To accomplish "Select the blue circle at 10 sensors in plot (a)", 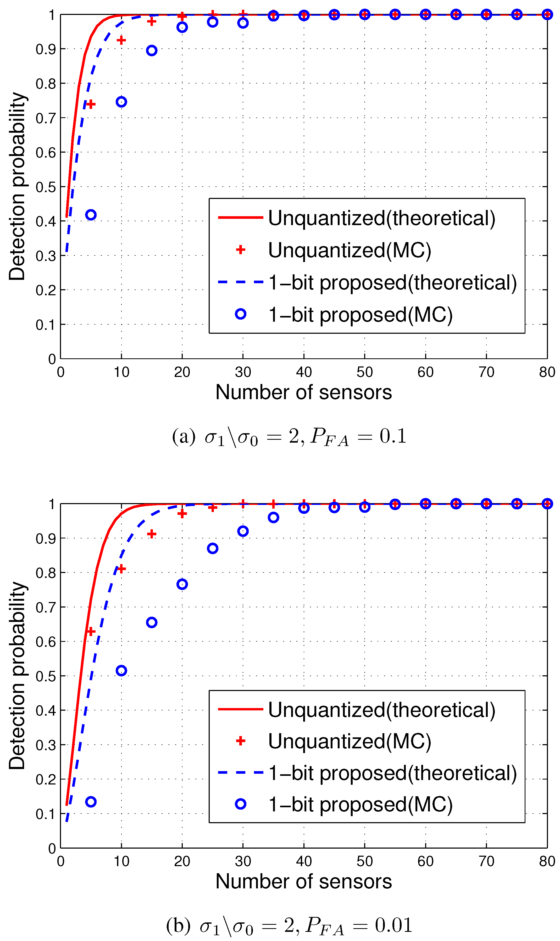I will coord(121,102).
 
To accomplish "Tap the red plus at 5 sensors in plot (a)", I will coord(91,104).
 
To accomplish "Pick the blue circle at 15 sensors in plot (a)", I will coord(152,51).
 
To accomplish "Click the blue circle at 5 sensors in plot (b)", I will coord(91,802).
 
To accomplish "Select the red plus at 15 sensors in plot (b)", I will coord(152,534).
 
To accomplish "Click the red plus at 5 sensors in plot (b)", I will coord(91,632).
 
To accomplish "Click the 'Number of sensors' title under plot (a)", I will coord(304,392).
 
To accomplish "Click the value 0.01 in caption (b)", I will coord(393,925).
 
